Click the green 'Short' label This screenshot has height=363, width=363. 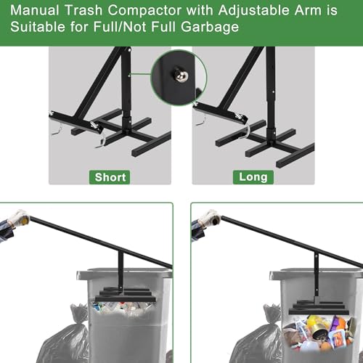click(110, 176)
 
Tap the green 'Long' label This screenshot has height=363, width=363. click(253, 176)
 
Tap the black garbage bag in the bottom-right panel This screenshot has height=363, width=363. click(256, 338)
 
